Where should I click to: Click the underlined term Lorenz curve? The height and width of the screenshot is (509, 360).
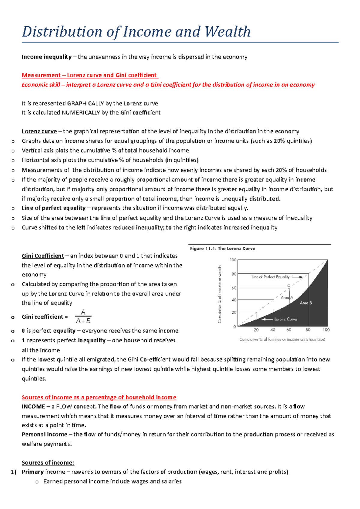39,131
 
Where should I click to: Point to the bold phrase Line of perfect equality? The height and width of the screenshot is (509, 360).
54,208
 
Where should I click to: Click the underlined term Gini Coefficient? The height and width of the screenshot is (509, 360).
43,256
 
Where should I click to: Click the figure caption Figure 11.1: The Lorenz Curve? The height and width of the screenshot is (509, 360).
222,249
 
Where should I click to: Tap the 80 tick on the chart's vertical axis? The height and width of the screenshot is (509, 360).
234,274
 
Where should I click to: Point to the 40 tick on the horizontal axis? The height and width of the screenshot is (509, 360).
272,330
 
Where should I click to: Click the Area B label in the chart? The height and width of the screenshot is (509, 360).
306,303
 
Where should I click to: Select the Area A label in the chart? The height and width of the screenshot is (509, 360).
286,297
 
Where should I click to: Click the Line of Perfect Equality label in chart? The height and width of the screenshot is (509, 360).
270,277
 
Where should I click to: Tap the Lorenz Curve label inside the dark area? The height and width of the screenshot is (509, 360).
285,319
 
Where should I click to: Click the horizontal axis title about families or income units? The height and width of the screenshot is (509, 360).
282,339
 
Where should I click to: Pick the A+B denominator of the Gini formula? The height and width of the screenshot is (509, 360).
83,321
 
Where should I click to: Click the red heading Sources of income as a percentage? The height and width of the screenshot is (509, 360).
99,397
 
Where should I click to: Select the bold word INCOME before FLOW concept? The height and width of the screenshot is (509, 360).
33,407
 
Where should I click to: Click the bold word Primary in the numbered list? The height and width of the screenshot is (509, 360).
33,472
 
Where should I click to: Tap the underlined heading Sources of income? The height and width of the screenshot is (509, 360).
48,463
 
